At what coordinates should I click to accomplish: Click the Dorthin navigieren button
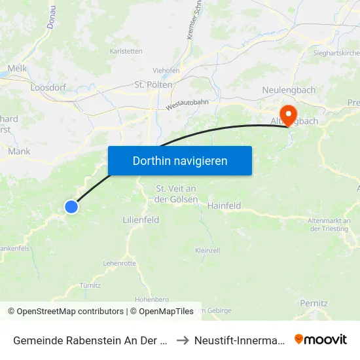point(180,160)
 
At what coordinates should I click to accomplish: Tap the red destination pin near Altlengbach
point(287,112)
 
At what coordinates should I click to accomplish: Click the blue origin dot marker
point(71,207)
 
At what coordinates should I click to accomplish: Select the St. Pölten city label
point(153,84)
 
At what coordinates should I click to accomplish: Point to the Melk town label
point(16,68)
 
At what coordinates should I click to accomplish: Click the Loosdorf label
point(46,86)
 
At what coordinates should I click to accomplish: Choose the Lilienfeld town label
point(141,220)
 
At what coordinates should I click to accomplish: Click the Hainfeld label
point(224,206)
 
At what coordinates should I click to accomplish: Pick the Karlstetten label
point(126,50)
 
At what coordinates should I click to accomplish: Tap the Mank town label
point(20,151)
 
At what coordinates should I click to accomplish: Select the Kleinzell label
point(207,250)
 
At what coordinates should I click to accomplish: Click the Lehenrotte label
point(120,263)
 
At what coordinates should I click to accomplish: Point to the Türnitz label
point(90,285)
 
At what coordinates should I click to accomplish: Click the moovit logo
point(321,339)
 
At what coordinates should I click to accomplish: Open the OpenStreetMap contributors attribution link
point(69,312)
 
